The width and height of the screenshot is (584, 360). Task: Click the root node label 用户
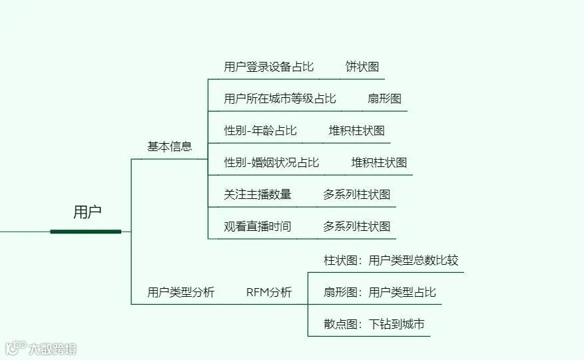[x=87, y=212]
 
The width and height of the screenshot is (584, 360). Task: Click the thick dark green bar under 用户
[x=86, y=232]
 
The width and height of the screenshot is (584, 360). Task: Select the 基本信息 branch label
[x=169, y=146]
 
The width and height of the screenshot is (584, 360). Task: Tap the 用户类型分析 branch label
[x=180, y=292]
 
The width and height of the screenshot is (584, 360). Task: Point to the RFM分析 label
[x=268, y=292]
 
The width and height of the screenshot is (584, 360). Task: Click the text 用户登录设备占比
[x=268, y=67]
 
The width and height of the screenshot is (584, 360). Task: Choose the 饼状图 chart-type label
[x=362, y=67]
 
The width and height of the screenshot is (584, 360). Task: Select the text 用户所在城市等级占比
[x=280, y=98]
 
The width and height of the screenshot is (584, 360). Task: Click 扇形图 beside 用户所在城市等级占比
[x=384, y=98]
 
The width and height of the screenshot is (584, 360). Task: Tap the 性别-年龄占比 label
[x=260, y=130]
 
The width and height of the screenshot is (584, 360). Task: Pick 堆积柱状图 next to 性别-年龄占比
[x=356, y=130]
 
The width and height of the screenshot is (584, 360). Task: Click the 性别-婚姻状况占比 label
[x=272, y=162]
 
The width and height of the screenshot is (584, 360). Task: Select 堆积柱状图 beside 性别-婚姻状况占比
[x=379, y=162]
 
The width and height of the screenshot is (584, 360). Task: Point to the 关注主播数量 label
[x=258, y=194]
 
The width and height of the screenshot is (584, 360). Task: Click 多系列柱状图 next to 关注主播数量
[x=356, y=194]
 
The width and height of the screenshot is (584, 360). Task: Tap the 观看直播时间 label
[x=258, y=226]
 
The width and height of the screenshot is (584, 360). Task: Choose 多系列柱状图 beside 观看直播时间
[x=356, y=226]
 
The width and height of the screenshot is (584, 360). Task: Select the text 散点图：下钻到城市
[x=374, y=324]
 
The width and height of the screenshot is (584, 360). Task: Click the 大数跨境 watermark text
[x=52, y=348]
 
